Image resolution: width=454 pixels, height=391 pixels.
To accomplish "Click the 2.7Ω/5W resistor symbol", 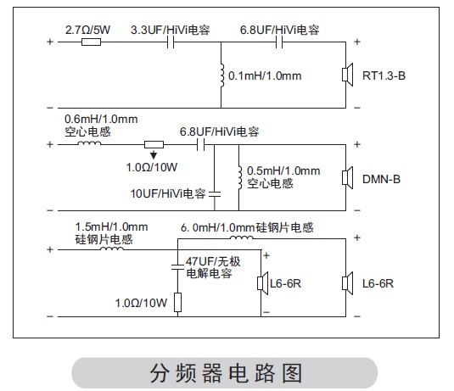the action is pyautogui.click(x=91, y=42).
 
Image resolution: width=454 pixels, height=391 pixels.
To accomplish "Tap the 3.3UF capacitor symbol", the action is pyautogui.click(x=171, y=42).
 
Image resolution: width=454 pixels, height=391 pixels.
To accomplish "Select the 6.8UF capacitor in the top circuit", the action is pyautogui.click(x=279, y=42).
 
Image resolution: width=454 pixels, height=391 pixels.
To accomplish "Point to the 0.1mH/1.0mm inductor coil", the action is pyautogui.click(x=221, y=75).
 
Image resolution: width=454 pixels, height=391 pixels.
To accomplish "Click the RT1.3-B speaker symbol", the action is pyautogui.click(x=347, y=75).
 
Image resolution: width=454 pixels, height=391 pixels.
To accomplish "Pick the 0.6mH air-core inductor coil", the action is pyautogui.click(x=89, y=142).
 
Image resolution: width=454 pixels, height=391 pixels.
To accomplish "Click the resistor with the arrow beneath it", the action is pyautogui.click(x=154, y=144).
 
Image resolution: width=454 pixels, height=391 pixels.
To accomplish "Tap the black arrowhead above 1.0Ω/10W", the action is pyautogui.click(x=154, y=155).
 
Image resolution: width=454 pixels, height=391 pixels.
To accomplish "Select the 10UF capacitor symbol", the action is pyautogui.click(x=215, y=194).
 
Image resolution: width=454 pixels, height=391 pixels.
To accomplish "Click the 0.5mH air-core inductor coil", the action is pyautogui.click(x=240, y=178).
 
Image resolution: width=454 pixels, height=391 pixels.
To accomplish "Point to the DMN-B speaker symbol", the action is pyautogui.click(x=347, y=177).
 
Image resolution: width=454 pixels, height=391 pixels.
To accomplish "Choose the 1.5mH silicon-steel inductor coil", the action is pyautogui.click(x=112, y=248).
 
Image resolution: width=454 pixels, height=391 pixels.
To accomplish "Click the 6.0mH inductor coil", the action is pyautogui.click(x=242, y=237).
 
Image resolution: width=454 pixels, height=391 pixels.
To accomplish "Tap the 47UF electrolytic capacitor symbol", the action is pyautogui.click(x=177, y=267).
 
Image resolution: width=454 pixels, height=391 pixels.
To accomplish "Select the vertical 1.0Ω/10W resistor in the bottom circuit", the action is pyautogui.click(x=177, y=303).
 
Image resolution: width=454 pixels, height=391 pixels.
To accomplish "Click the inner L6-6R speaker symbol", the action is pyautogui.click(x=263, y=283).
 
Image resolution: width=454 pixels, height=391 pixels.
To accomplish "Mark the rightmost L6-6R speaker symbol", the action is pyautogui.click(x=347, y=283).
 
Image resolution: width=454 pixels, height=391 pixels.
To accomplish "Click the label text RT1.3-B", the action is pyautogui.click(x=384, y=75).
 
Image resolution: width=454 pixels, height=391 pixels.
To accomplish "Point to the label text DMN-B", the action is pyautogui.click(x=381, y=179).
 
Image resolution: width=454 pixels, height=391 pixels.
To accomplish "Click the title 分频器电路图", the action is pyautogui.click(x=226, y=373).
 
